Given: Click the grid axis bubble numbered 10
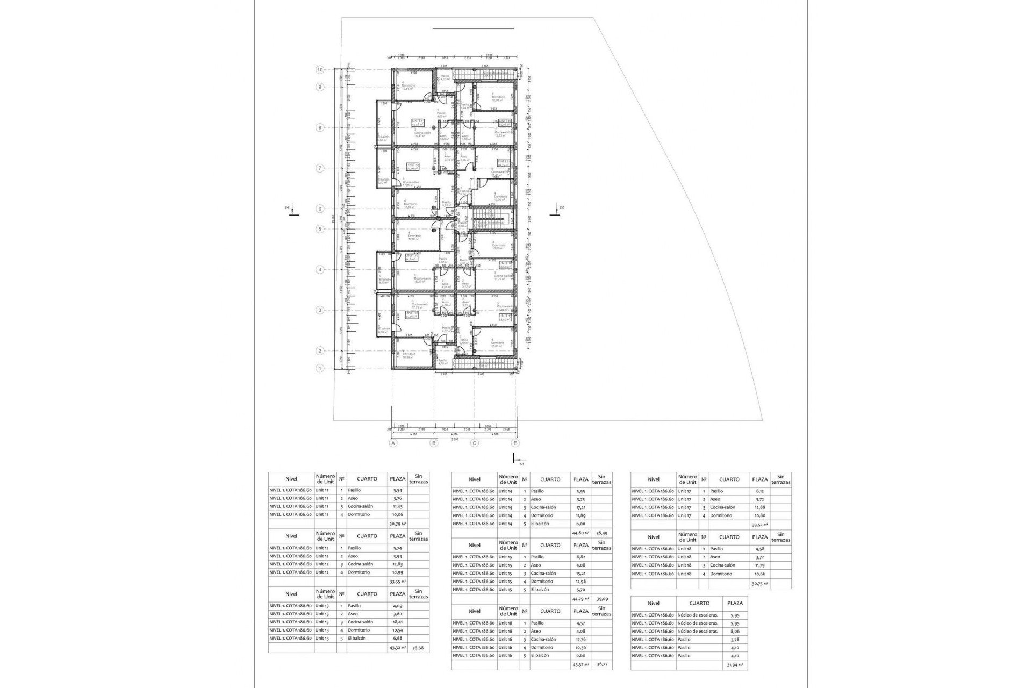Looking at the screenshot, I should pos(320,70).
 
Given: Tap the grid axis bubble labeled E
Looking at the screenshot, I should pos(515,443).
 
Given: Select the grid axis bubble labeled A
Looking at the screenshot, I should pos(393,443).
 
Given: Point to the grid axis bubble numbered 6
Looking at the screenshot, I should pos(320,209).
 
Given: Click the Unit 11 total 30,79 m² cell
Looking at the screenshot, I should pos(397,523).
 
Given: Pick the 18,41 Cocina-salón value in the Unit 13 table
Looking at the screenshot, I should pos(397,622).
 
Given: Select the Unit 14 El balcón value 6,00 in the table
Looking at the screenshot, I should pos(580,524).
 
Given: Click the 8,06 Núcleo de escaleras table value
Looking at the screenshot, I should pos(735,631).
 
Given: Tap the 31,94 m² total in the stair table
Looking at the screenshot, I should pos(735,665).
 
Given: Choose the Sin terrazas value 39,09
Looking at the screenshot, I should pos(601,598).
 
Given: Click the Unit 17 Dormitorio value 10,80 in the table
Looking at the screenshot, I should pos(759,515).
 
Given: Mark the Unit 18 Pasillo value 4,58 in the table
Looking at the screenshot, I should pos(759,549).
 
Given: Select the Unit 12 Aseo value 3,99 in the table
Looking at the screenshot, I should pos(397,556).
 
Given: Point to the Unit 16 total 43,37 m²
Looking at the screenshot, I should pos(580,665).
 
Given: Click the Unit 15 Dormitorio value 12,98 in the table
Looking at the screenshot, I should pos(580,581).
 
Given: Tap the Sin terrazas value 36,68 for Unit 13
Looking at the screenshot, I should pos(418,648).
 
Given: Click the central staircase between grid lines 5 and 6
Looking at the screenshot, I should pos(491,218).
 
